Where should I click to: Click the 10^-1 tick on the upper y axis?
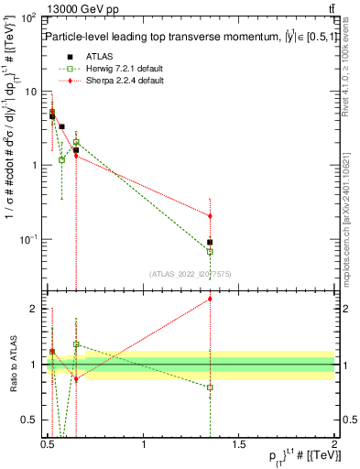(x=27, y=239)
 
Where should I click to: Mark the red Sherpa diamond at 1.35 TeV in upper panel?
(x=211, y=216)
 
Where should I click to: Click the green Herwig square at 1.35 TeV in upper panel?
(x=211, y=251)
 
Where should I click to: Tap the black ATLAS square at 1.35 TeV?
(x=211, y=243)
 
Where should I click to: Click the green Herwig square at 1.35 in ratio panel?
(x=211, y=387)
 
